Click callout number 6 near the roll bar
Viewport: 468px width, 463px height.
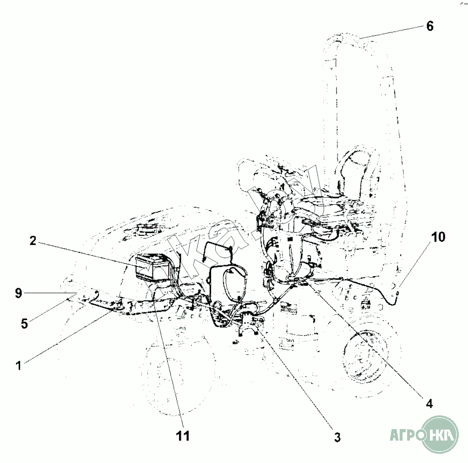point(429,26)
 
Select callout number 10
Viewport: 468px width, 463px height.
point(438,237)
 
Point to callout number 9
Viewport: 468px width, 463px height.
point(18,293)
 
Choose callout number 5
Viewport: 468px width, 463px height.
point(24,323)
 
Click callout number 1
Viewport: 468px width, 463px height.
point(18,365)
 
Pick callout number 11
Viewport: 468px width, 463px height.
point(183,436)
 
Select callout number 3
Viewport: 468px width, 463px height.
point(337,437)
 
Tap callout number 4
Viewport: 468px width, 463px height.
point(429,403)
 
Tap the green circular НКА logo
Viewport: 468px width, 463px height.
point(439,433)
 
